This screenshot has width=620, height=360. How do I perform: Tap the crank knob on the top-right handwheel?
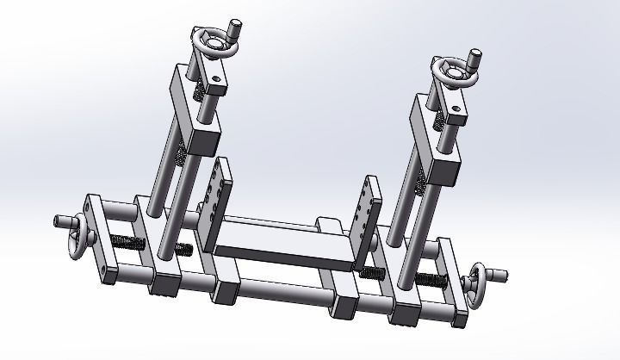474,61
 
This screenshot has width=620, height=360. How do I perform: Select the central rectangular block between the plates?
283,245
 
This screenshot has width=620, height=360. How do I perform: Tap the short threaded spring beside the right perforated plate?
370,274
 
